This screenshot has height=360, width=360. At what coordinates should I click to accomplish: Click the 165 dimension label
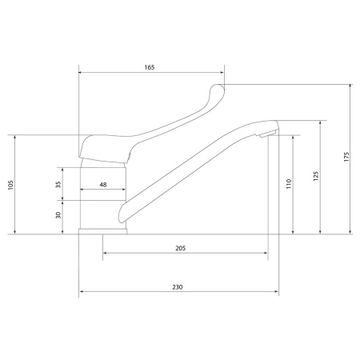tap(150, 67)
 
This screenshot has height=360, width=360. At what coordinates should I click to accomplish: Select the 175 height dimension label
tap(346, 157)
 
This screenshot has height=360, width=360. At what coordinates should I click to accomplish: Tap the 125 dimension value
tap(316, 176)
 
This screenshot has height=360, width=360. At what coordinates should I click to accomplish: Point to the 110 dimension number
tap(289, 184)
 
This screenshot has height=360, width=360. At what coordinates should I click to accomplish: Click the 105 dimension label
tap(10, 185)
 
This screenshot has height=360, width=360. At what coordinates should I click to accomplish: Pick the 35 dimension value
tap(58, 184)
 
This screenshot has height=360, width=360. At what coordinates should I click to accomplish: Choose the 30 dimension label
tap(58, 215)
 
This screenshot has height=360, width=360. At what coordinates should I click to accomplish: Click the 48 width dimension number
tap(103, 185)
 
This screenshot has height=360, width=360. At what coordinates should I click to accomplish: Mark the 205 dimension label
tap(181, 248)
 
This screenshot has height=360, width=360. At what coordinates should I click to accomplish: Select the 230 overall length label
tap(178, 287)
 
